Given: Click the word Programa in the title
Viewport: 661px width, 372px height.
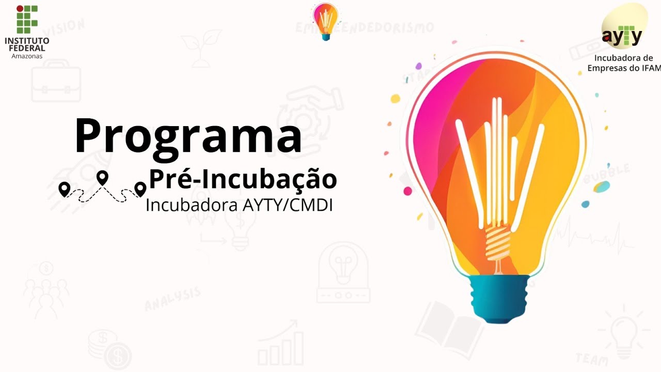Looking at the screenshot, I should coord(188,135).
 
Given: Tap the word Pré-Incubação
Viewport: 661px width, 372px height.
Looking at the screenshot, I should coord(243,179).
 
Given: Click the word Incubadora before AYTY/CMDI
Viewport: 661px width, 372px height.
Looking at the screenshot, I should coord(191,205).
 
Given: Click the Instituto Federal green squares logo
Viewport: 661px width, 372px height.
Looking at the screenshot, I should coord(27,19).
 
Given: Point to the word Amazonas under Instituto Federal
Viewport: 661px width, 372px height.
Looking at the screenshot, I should coord(27,56).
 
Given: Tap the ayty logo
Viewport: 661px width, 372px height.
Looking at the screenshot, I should coord(622,35).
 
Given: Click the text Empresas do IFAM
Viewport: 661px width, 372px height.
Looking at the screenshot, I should coord(624,68).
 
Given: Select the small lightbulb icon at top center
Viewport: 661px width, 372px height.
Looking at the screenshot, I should coord(325,21).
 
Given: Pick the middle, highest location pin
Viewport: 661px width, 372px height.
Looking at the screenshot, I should coord(103,178).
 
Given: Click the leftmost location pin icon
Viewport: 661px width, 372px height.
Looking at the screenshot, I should coord(64,189).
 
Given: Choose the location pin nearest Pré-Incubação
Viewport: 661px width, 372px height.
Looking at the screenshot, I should coord(140,189).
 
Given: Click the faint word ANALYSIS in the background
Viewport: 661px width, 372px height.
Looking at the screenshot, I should coord(172,299).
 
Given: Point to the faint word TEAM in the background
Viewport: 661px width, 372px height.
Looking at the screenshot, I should coord(592,357).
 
